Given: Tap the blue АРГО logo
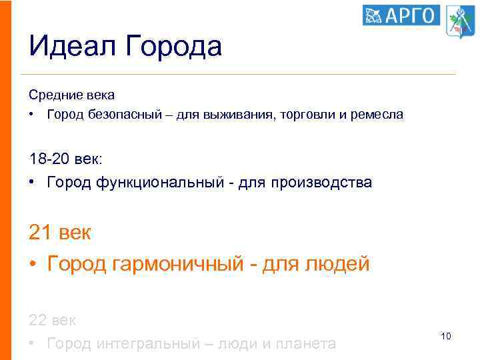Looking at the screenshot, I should pos(401,15).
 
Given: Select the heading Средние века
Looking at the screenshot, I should pos(72,95).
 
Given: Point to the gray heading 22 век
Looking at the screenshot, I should pos(53,320).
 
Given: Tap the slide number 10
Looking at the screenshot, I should pos(446,336).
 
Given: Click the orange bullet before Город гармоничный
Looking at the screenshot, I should pos(33,265).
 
